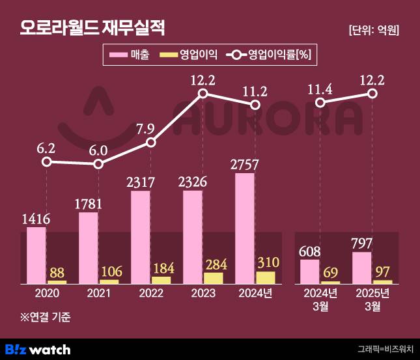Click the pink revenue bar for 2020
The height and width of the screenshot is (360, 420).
pyautogui.click(x=36, y=255)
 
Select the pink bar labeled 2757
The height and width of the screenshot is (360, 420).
pyautogui.click(x=245, y=228)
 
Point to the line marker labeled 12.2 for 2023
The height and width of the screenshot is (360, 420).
pyautogui.click(x=203, y=94)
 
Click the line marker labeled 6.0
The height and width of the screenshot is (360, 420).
pyautogui.click(x=98, y=163)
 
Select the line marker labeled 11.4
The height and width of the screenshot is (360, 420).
pyautogui.click(x=320, y=102)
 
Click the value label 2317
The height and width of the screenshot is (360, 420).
pyautogui.click(x=141, y=184)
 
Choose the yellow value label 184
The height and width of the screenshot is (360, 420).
pyautogui.click(x=162, y=268)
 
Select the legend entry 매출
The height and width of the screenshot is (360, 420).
pyautogui.click(x=130, y=55)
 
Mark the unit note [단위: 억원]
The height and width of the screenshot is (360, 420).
pyautogui.click(x=374, y=30)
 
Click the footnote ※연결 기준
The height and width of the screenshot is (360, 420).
pyautogui.click(x=45, y=318)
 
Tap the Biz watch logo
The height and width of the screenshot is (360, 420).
pyautogui.click(x=38, y=350)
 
